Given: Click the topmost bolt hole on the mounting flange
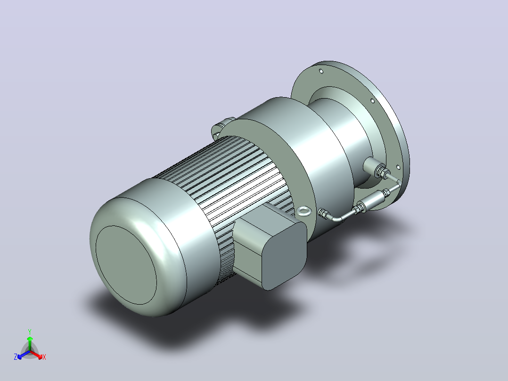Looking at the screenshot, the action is pos(321,71).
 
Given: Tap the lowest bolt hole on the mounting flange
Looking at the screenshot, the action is pos(398,167).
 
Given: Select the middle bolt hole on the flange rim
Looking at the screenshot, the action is pos(372,101).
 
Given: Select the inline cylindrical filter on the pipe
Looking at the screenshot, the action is pos(373,201).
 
